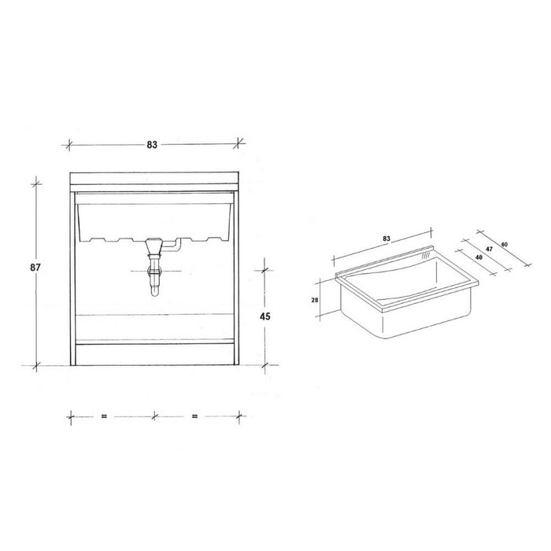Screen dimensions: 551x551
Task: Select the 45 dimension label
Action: [x=265, y=317]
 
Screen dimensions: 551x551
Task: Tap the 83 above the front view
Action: [x=152, y=144]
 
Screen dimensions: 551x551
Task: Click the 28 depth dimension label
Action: [x=316, y=300]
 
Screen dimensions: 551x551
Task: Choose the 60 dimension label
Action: [x=505, y=244]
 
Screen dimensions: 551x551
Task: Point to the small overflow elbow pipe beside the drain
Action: [x=178, y=246]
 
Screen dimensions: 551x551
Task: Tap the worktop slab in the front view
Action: [x=153, y=178]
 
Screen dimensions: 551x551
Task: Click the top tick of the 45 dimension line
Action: [x=265, y=268]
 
